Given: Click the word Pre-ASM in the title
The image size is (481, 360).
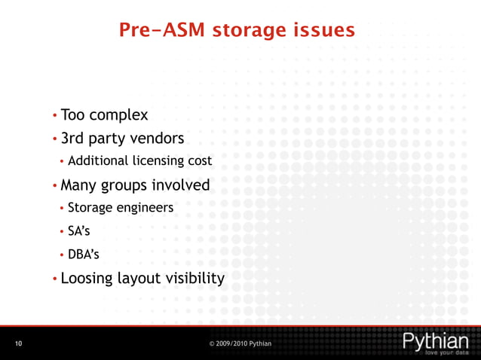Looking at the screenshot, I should tap(161, 31).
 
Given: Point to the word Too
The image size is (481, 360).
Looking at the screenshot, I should tap(72, 115).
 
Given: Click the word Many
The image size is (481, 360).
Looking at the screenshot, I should tap(79, 185).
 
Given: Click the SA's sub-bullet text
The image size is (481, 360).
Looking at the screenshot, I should tap(78, 230).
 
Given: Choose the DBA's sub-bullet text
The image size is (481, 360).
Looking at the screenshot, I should tap(81, 254).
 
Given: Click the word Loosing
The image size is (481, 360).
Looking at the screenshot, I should tap(87, 279).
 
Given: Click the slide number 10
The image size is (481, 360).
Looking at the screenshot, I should tap(18, 343).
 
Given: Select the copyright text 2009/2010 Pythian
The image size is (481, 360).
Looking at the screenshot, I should tap(244, 343).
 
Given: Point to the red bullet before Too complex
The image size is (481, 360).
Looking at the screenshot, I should tap(54, 117).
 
